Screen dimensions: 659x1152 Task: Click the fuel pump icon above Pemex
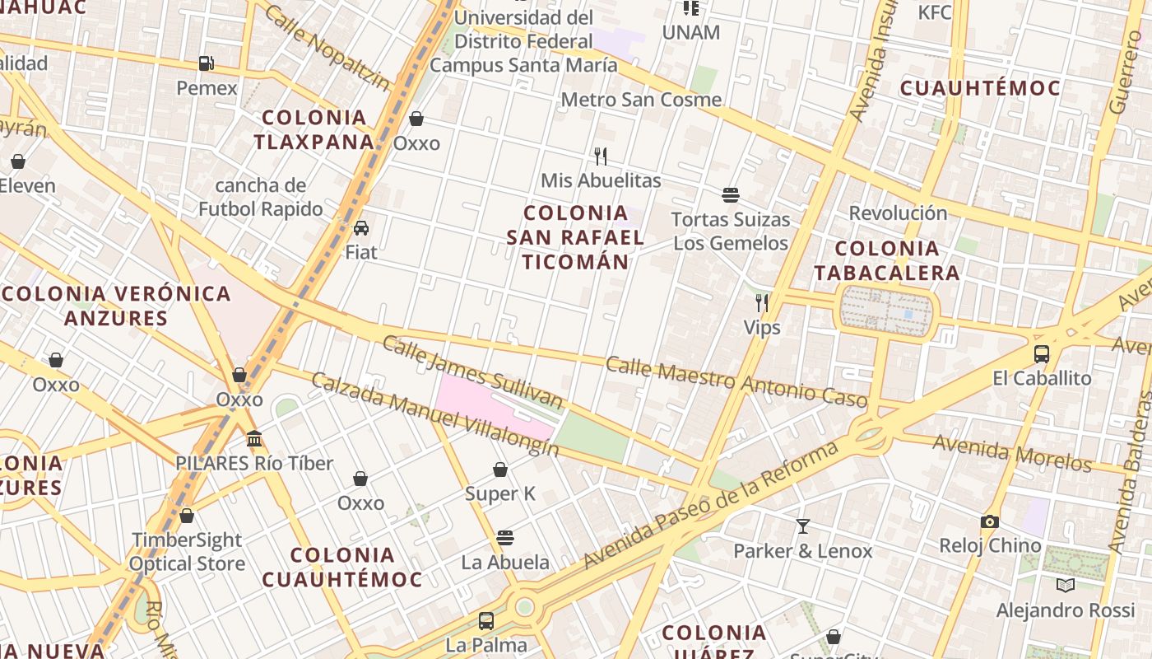206,63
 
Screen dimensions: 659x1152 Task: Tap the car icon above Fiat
360,228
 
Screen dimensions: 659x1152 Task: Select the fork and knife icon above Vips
762,303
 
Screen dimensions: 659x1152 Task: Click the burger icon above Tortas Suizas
730,195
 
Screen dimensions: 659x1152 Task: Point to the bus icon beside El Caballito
1042,354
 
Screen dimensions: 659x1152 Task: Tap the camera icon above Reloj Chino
990,521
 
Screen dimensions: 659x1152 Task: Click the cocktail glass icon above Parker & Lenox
802,526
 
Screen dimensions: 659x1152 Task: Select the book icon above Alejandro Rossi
1065,586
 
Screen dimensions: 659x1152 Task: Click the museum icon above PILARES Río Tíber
254,438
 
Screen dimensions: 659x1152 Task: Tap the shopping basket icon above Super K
500,470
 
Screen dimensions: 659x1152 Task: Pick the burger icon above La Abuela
505,538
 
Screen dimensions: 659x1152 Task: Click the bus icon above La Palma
486,620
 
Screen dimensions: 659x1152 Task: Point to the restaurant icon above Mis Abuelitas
601,156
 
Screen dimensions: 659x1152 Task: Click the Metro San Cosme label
641,100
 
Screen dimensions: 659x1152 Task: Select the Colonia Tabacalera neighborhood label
887,260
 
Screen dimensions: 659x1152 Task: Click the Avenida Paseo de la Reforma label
711,505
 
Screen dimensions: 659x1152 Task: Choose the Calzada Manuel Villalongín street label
434,414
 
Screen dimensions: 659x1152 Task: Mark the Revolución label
898,213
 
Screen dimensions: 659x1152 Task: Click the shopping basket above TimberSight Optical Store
187,516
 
